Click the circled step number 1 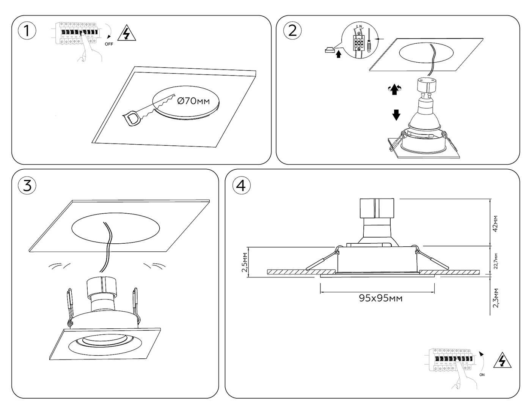(x=27, y=31)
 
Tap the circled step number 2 (x=292, y=30)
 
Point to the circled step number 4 (x=241, y=185)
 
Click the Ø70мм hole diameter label (x=193, y=101)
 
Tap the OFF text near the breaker (x=109, y=44)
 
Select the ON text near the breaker (x=482, y=375)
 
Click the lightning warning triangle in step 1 (x=127, y=34)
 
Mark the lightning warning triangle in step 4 (x=502, y=361)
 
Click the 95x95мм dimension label (x=381, y=298)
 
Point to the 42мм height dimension (x=496, y=224)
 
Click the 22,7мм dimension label (x=496, y=260)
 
